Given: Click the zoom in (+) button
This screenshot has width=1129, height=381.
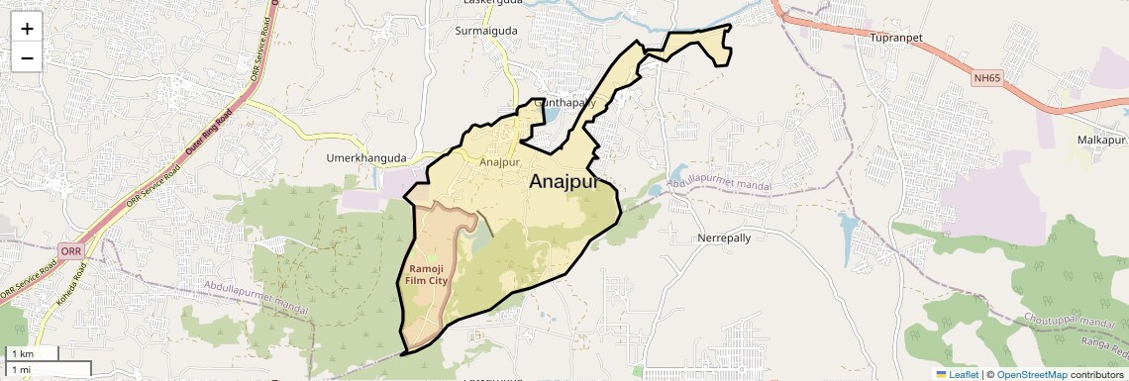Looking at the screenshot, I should [27, 28].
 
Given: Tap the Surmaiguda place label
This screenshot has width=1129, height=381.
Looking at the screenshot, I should [485, 31].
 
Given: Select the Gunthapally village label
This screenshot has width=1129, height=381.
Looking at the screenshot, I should [565, 103].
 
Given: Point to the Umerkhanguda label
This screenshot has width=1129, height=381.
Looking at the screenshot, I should [366, 157].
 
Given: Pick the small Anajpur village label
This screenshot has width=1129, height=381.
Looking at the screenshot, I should [499, 161].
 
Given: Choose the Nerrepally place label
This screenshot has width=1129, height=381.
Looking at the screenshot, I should [724, 238].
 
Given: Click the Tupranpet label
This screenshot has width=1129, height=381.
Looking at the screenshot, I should [895, 38].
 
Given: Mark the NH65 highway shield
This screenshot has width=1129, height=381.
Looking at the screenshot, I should [987, 77].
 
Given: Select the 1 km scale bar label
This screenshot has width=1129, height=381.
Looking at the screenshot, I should [22, 353].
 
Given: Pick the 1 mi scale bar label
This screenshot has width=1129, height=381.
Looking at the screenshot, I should [22, 369].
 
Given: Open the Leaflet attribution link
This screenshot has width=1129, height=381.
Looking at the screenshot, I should [957, 374].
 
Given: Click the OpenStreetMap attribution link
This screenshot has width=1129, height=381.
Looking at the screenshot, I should [1031, 374].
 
